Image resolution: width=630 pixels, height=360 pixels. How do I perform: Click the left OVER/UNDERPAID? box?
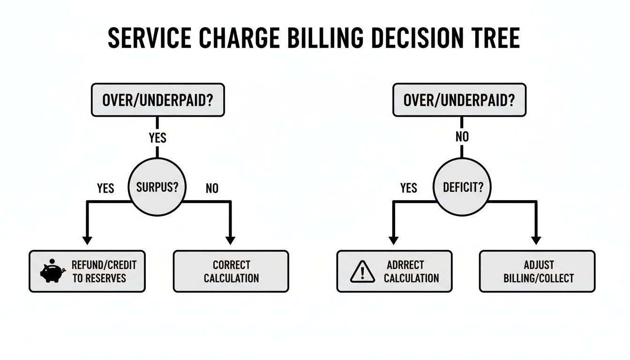point(157,100)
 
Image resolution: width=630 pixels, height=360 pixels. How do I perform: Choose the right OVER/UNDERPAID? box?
point(459,100)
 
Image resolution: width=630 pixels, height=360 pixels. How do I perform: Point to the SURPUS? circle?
point(157,187)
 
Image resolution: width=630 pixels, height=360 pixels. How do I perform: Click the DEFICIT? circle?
point(462,187)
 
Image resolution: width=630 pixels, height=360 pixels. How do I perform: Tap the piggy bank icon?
point(52,271)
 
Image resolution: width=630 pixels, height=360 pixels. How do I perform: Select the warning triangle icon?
point(362,271)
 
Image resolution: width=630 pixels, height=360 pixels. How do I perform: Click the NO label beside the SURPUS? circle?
point(212,188)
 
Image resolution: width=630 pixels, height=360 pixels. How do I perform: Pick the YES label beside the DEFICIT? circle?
point(408,188)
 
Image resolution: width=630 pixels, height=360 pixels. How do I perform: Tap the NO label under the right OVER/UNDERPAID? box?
point(462,137)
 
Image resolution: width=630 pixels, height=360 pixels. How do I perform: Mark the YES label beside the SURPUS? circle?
point(105,188)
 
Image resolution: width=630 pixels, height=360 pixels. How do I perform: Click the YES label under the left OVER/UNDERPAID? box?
point(157,138)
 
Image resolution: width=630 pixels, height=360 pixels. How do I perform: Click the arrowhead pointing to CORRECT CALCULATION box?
point(230,240)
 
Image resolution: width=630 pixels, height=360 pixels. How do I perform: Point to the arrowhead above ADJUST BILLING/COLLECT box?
point(536,240)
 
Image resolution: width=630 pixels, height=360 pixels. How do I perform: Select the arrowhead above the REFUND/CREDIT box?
point(87,240)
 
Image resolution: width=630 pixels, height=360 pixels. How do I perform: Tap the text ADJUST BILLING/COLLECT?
point(539,271)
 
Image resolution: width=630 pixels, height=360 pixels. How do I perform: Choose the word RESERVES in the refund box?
point(105,278)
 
